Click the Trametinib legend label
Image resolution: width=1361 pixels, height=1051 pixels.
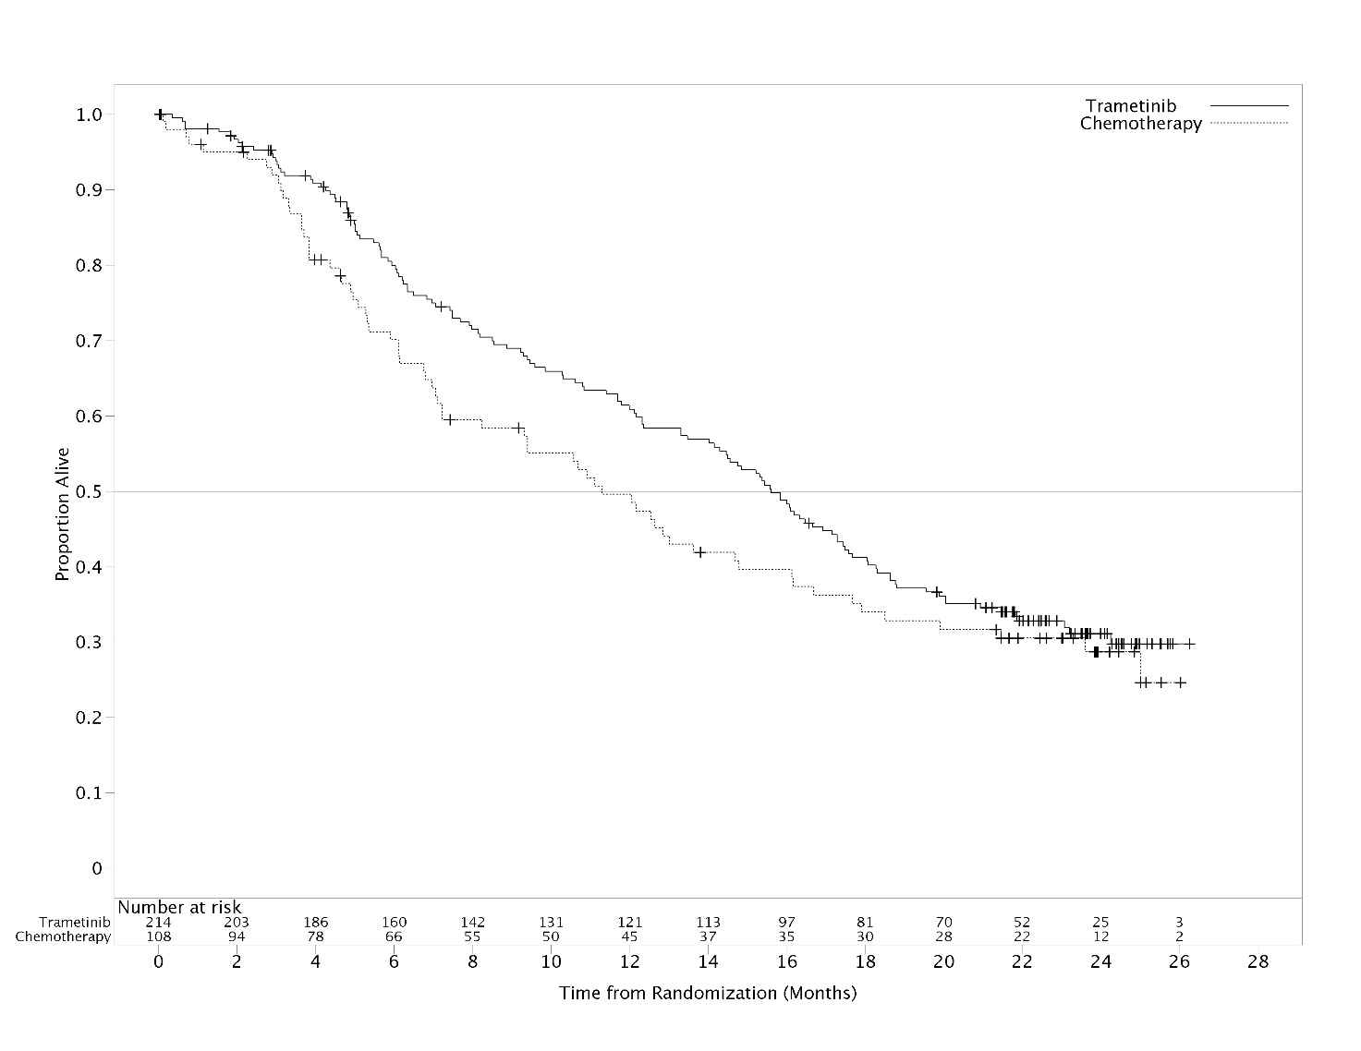point(1131,106)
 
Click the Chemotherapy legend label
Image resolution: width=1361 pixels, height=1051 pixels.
point(1141,124)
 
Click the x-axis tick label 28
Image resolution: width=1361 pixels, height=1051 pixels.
point(1258,961)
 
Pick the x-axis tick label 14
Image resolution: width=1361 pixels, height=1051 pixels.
point(708,961)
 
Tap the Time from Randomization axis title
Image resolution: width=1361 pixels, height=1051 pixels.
point(708,994)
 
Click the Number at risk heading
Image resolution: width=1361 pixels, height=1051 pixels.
point(179,908)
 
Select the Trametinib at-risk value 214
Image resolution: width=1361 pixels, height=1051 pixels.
point(159,922)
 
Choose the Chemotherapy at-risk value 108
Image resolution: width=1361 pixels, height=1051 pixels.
point(159,936)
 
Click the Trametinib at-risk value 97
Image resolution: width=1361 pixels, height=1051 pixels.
point(786,922)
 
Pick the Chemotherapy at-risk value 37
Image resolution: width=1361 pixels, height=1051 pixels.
point(708,936)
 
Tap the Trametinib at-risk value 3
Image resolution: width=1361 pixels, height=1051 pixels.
point(1179,922)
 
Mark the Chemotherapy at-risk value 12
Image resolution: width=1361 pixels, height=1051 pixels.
point(1100,936)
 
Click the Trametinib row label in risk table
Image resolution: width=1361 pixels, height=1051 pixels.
point(75,922)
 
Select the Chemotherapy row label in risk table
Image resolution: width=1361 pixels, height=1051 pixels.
point(63,936)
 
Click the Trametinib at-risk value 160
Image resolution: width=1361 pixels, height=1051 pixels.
point(394,922)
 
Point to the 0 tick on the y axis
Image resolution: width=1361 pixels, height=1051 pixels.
point(96,868)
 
